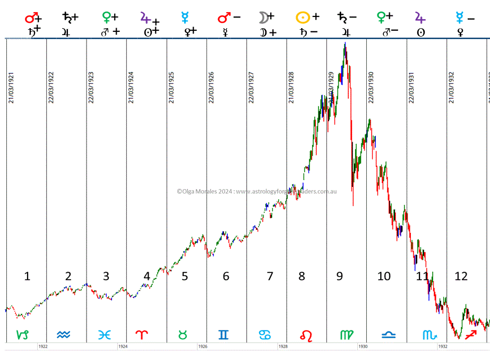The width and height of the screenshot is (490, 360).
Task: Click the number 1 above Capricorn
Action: coord(27,276)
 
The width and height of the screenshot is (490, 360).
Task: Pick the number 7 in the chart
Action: coord(270,276)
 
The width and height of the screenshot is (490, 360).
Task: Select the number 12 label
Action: coord(461,276)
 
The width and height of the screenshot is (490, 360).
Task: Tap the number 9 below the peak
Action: coord(339,276)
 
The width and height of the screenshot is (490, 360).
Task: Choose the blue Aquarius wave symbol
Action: coord(63,335)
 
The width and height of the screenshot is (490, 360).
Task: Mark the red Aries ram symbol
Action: coord(143,335)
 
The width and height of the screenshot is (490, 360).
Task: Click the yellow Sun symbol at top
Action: coord(302,17)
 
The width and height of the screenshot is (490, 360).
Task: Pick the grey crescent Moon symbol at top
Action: coord(262,18)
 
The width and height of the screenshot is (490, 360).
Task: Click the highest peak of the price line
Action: coord(346,44)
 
